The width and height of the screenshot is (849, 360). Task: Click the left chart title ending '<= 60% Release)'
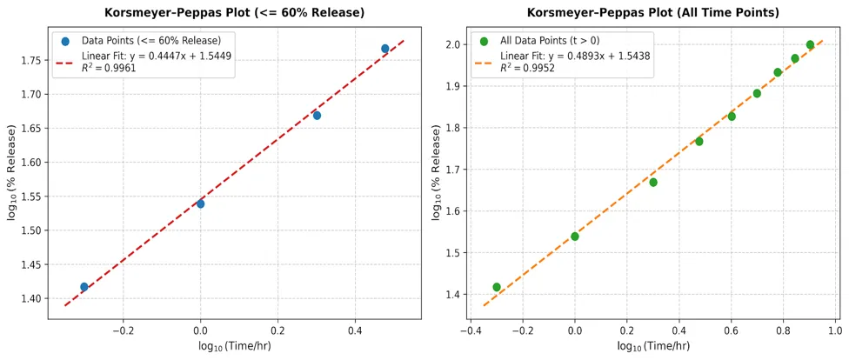point(235,13)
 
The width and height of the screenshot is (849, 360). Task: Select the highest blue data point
point(385,48)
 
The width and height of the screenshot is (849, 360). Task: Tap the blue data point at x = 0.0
point(200,203)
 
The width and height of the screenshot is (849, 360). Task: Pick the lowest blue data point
point(84,286)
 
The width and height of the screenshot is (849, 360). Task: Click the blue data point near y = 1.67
point(317,116)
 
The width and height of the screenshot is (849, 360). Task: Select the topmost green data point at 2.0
point(810,44)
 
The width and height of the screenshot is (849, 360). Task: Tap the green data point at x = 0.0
point(574,236)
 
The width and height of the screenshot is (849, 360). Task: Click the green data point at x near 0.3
point(653,182)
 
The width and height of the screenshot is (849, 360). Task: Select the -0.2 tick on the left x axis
point(123,330)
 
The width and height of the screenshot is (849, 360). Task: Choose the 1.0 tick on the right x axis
point(834,330)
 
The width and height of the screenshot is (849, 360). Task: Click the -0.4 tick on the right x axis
point(471,330)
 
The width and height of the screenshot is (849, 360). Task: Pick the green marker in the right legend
point(484,41)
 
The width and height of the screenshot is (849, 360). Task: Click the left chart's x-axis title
point(234,346)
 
